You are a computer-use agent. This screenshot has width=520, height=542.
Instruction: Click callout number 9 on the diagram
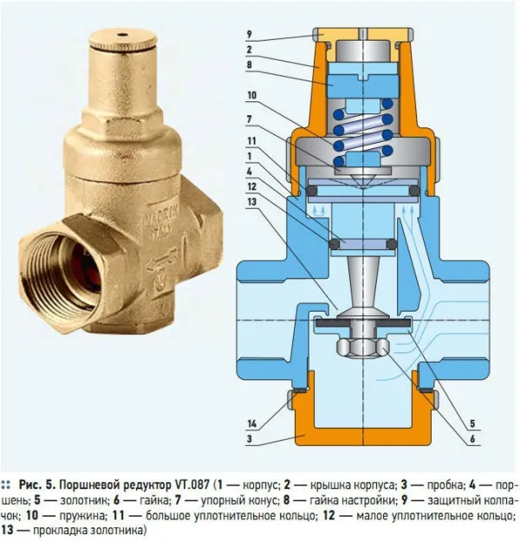(x=249, y=35)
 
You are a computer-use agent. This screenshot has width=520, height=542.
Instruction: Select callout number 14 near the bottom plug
(x=252, y=423)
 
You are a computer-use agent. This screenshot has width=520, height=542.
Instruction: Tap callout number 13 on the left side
(x=252, y=201)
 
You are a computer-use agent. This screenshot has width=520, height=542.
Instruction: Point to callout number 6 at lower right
(x=472, y=439)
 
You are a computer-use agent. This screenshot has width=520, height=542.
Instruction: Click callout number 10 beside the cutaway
(x=252, y=95)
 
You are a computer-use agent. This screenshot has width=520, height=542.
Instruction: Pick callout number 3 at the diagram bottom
(x=250, y=439)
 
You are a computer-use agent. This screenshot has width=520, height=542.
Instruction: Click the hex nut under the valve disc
(x=362, y=347)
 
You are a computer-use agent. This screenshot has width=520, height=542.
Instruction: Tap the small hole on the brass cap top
(x=122, y=35)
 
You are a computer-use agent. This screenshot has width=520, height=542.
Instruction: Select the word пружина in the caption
(x=82, y=515)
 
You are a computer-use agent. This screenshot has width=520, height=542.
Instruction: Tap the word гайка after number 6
(x=154, y=500)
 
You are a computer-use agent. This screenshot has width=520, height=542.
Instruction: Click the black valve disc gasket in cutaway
(x=362, y=324)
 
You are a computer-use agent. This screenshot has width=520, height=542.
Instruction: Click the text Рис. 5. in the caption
(x=37, y=485)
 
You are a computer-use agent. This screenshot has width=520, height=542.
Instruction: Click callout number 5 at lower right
(x=472, y=423)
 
